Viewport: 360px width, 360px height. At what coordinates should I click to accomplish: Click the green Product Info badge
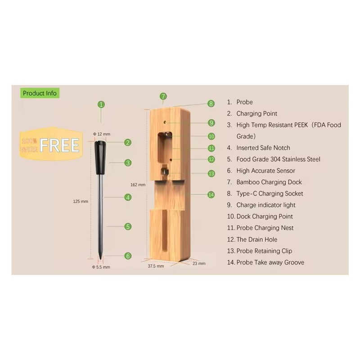pyautogui.click(x=40, y=93)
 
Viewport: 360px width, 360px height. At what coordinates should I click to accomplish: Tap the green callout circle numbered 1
pyautogui.click(x=101, y=105)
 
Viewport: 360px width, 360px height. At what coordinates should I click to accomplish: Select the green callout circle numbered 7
pyautogui.click(x=163, y=96)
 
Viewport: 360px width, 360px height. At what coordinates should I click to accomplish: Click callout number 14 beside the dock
pyautogui.click(x=211, y=195)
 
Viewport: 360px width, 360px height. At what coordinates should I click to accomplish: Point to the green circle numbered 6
pyautogui.click(x=128, y=256)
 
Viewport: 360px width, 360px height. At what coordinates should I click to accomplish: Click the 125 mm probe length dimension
pyautogui.click(x=81, y=201)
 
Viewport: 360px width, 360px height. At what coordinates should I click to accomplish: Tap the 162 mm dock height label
pyautogui.click(x=138, y=185)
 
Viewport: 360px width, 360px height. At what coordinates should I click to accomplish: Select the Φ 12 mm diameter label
pyautogui.click(x=102, y=134)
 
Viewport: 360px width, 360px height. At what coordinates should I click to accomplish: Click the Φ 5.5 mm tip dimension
pyautogui.click(x=101, y=267)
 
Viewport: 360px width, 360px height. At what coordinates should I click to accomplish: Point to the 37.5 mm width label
pyautogui.click(x=156, y=266)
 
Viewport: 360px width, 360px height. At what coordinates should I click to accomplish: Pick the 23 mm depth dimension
pyautogui.click(x=199, y=264)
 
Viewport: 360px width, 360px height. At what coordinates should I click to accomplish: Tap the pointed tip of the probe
pyautogui.click(x=100, y=259)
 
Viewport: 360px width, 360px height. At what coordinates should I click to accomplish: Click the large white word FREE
pyautogui.click(x=59, y=145)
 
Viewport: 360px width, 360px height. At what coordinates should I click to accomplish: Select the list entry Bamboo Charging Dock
pyautogui.click(x=269, y=182)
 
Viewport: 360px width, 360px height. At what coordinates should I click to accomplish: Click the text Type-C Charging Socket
pyautogui.click(x=270, y=193)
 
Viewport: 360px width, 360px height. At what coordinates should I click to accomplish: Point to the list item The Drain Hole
pyautogui.click(x=257, y=239)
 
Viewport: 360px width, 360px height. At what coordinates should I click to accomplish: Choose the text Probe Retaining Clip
pyautogui.click(x=264, y=251)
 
